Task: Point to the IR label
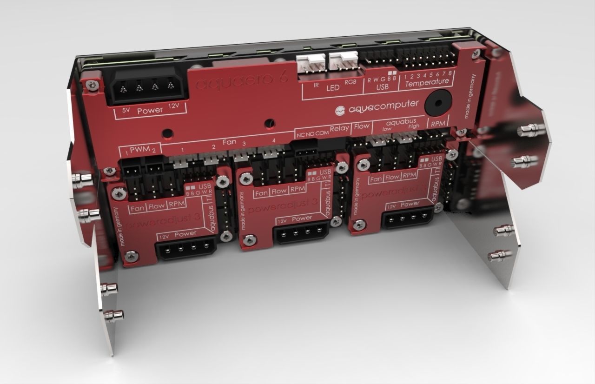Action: [x=316, y=86]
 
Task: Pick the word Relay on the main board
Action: [x=339, y=128]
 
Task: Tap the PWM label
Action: [x=139, y=150]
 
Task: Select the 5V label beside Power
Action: [x=126, y=111]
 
